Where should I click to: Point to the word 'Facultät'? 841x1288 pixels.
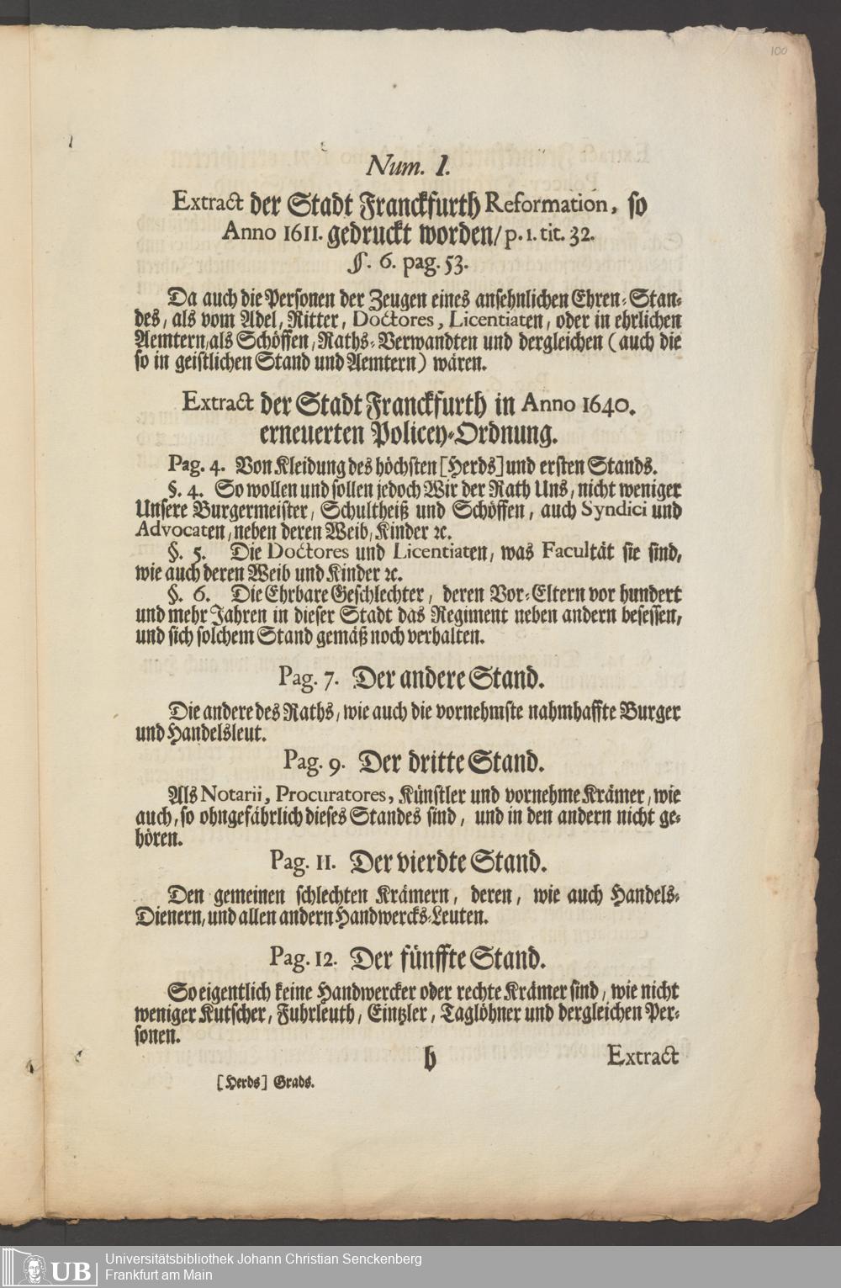571,554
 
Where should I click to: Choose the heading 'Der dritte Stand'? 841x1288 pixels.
455,763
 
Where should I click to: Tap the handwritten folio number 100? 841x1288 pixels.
778,51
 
